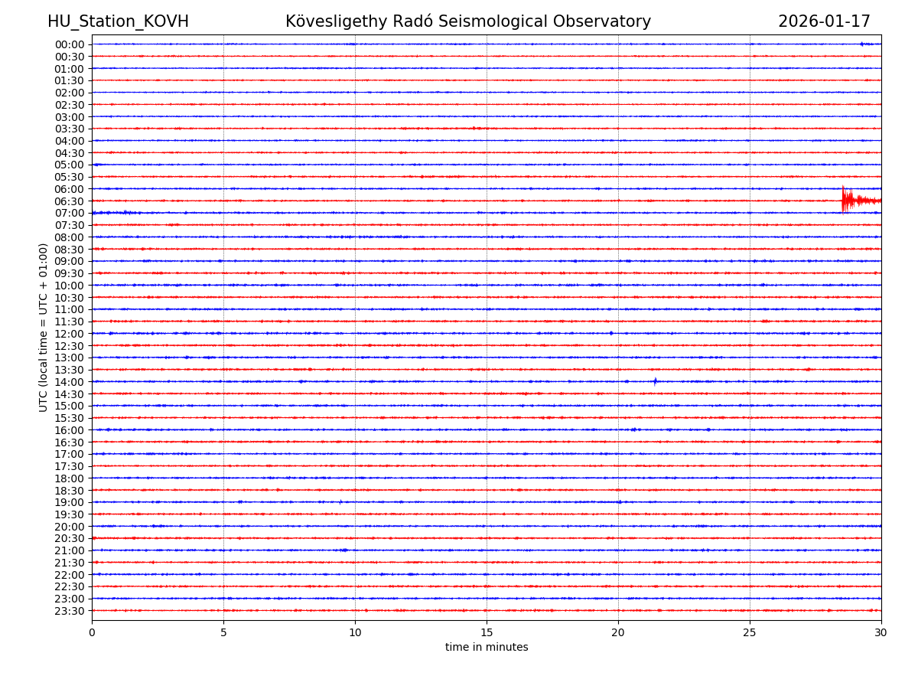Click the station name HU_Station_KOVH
118,21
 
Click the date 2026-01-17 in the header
824,21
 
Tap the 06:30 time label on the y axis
70,201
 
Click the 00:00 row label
70,44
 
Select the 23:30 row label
70,611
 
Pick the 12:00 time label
70,334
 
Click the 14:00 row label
70,382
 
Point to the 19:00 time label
70,502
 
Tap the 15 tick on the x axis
487,632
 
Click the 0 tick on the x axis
92,632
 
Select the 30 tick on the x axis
881,632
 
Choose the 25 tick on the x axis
750,632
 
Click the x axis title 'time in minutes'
487,648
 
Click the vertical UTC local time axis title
44,327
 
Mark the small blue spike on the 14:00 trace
655,381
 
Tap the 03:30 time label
70,129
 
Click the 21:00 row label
70,550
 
